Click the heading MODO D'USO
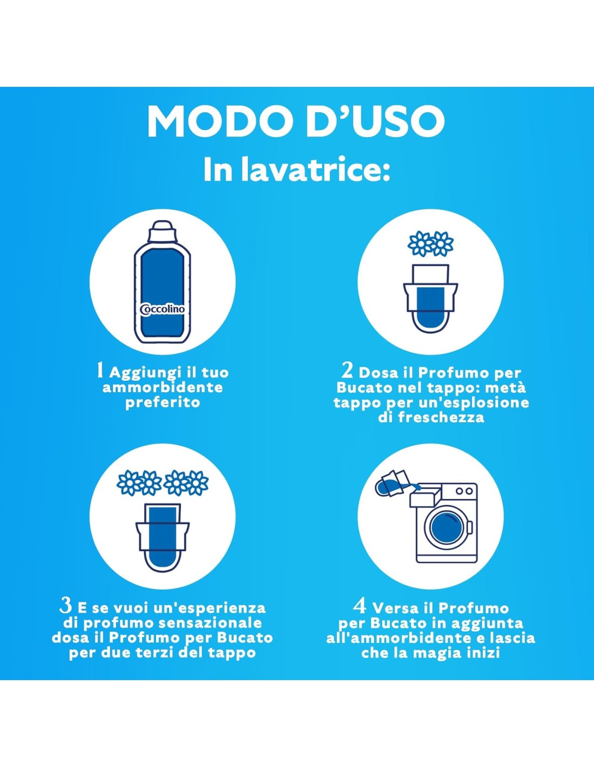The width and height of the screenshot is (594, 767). coord(296,121)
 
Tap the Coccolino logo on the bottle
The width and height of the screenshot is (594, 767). coord(163,309)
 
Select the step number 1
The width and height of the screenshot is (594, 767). coord(100,371)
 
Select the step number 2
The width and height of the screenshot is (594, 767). coord(348,371)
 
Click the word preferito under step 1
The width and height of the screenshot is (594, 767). coord(163,403)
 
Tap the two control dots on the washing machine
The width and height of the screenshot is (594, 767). coord(464,491)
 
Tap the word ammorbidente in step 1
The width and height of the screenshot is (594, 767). coord(163,388)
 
